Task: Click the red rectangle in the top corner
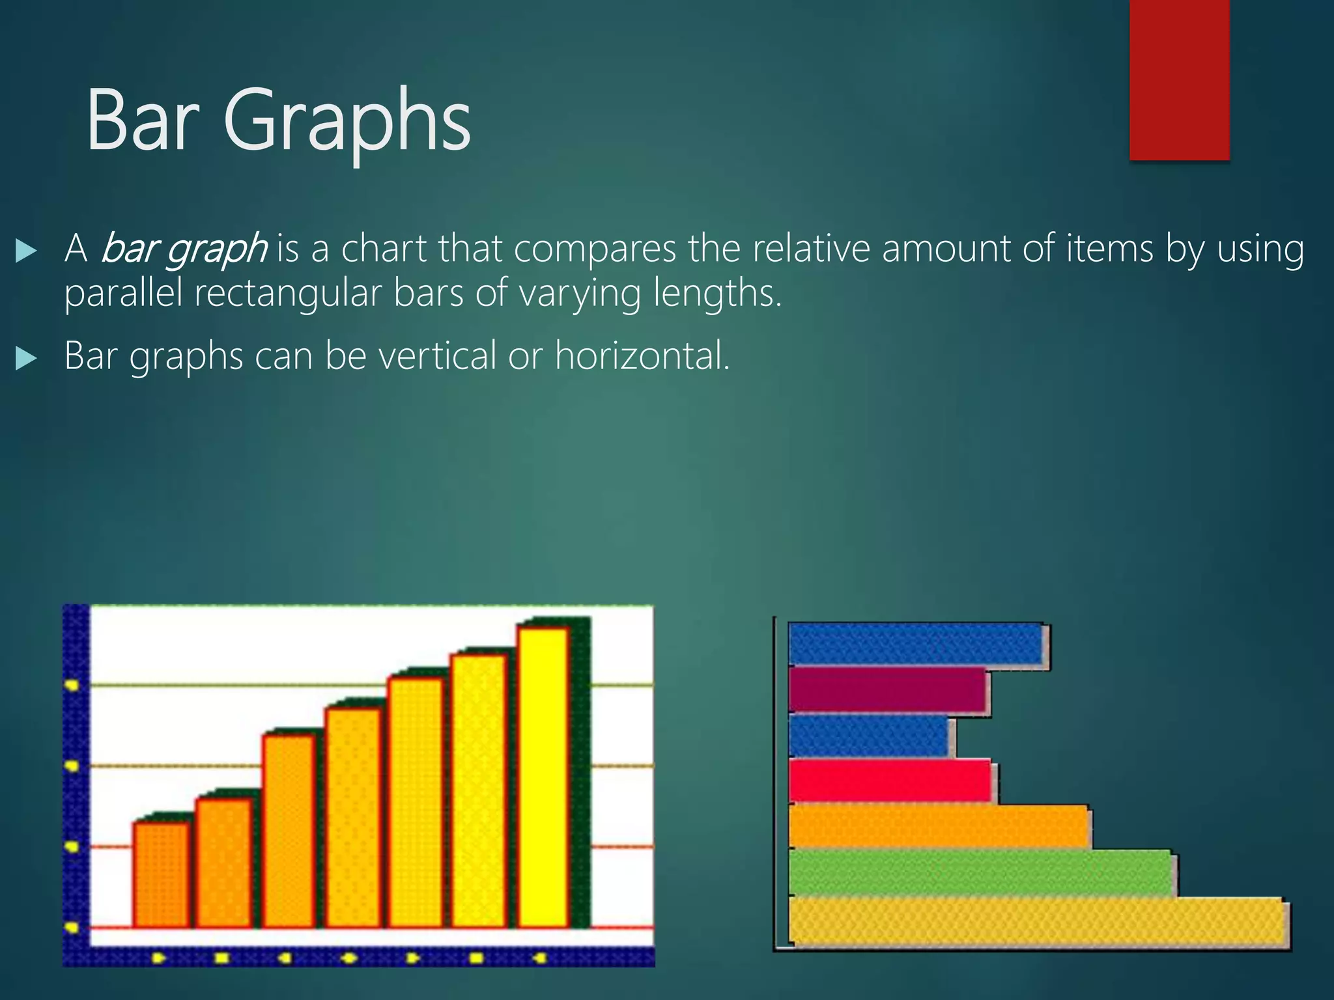tap(1179, 79)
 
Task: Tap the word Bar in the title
tap(143, 120)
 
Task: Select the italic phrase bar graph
tap(184, 249)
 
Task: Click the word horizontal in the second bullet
tap(642, 356)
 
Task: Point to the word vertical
tap(437, 356)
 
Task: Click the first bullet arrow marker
tap(26, 251)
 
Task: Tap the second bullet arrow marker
tap(26, 358)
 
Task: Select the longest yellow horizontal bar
tap(1036, 921)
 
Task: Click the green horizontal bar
tap(981, 873)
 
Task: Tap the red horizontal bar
tap(889, 781)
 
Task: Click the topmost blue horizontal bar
tap(915, 644)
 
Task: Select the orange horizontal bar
tap(938, 826)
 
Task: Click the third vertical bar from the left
tap(288, 830)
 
